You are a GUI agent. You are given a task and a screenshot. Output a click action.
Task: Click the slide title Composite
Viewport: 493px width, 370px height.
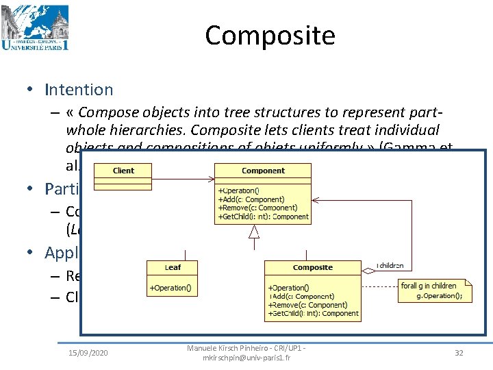pyautogui.click(x=270, y=35)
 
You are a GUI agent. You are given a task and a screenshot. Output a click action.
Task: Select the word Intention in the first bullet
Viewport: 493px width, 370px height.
pyautogui.click(x=79, y=90)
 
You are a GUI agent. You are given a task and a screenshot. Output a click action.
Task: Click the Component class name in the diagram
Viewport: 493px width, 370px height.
pyautogui.click(x=263, y=171)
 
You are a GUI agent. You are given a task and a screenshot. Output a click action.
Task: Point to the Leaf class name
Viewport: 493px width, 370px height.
pyautogui.click(x=173, y=267)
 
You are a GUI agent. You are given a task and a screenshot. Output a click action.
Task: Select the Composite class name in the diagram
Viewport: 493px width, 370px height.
pyautogui.click(x=312, y=267)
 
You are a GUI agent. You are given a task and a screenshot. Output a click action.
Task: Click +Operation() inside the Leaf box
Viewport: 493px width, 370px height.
pyautogui.click(x=171, y=288)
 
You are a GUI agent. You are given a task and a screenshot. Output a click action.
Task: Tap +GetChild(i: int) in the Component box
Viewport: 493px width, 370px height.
pyautogui.click(x=263, y=217)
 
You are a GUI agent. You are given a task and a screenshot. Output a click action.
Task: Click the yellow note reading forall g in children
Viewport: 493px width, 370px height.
pyautogui.click(x=433, y=291)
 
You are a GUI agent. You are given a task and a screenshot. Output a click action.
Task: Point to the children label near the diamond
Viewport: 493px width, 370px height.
pyautogui.click(x=390, y=265)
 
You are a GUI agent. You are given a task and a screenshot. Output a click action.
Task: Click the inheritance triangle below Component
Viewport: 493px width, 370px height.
pyautogui.click(x=254, y=232)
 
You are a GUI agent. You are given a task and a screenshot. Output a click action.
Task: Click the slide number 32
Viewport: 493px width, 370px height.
pyautogui.click(x=459, y=353)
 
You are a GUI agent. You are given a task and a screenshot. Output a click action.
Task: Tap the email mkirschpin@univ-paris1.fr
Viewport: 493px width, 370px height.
pyautogui.click(x=246, y=358)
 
